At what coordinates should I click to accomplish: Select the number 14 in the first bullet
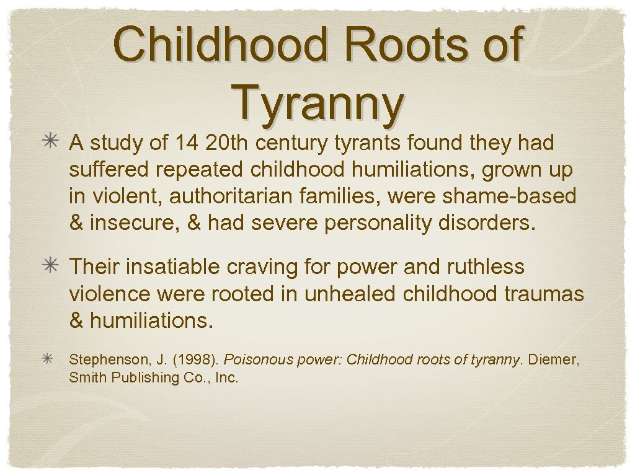[x=188, y=144]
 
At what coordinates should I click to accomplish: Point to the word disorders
[x=486, y=223]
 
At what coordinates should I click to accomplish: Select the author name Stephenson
[x=103, y=359]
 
